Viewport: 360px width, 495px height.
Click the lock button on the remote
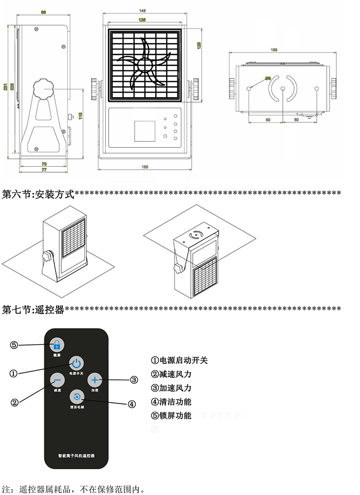[57, 345]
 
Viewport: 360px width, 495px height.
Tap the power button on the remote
[76, 363]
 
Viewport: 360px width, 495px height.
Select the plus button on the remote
[95, 380]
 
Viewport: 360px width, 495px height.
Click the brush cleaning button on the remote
[77, 397]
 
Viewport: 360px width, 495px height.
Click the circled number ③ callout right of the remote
[134, 380]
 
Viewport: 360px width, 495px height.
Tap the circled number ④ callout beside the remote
[132, 404]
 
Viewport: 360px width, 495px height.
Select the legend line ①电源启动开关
[179, 361]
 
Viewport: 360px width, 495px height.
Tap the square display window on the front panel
[145, 131]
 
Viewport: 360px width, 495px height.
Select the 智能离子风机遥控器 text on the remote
[77, 456]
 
